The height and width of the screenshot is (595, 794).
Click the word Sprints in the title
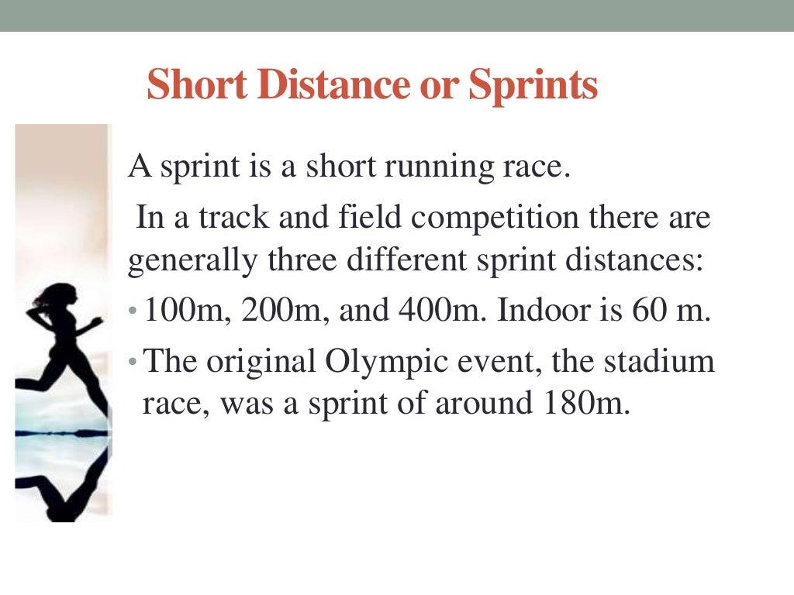pyautogui.click(x=533, y=85)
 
